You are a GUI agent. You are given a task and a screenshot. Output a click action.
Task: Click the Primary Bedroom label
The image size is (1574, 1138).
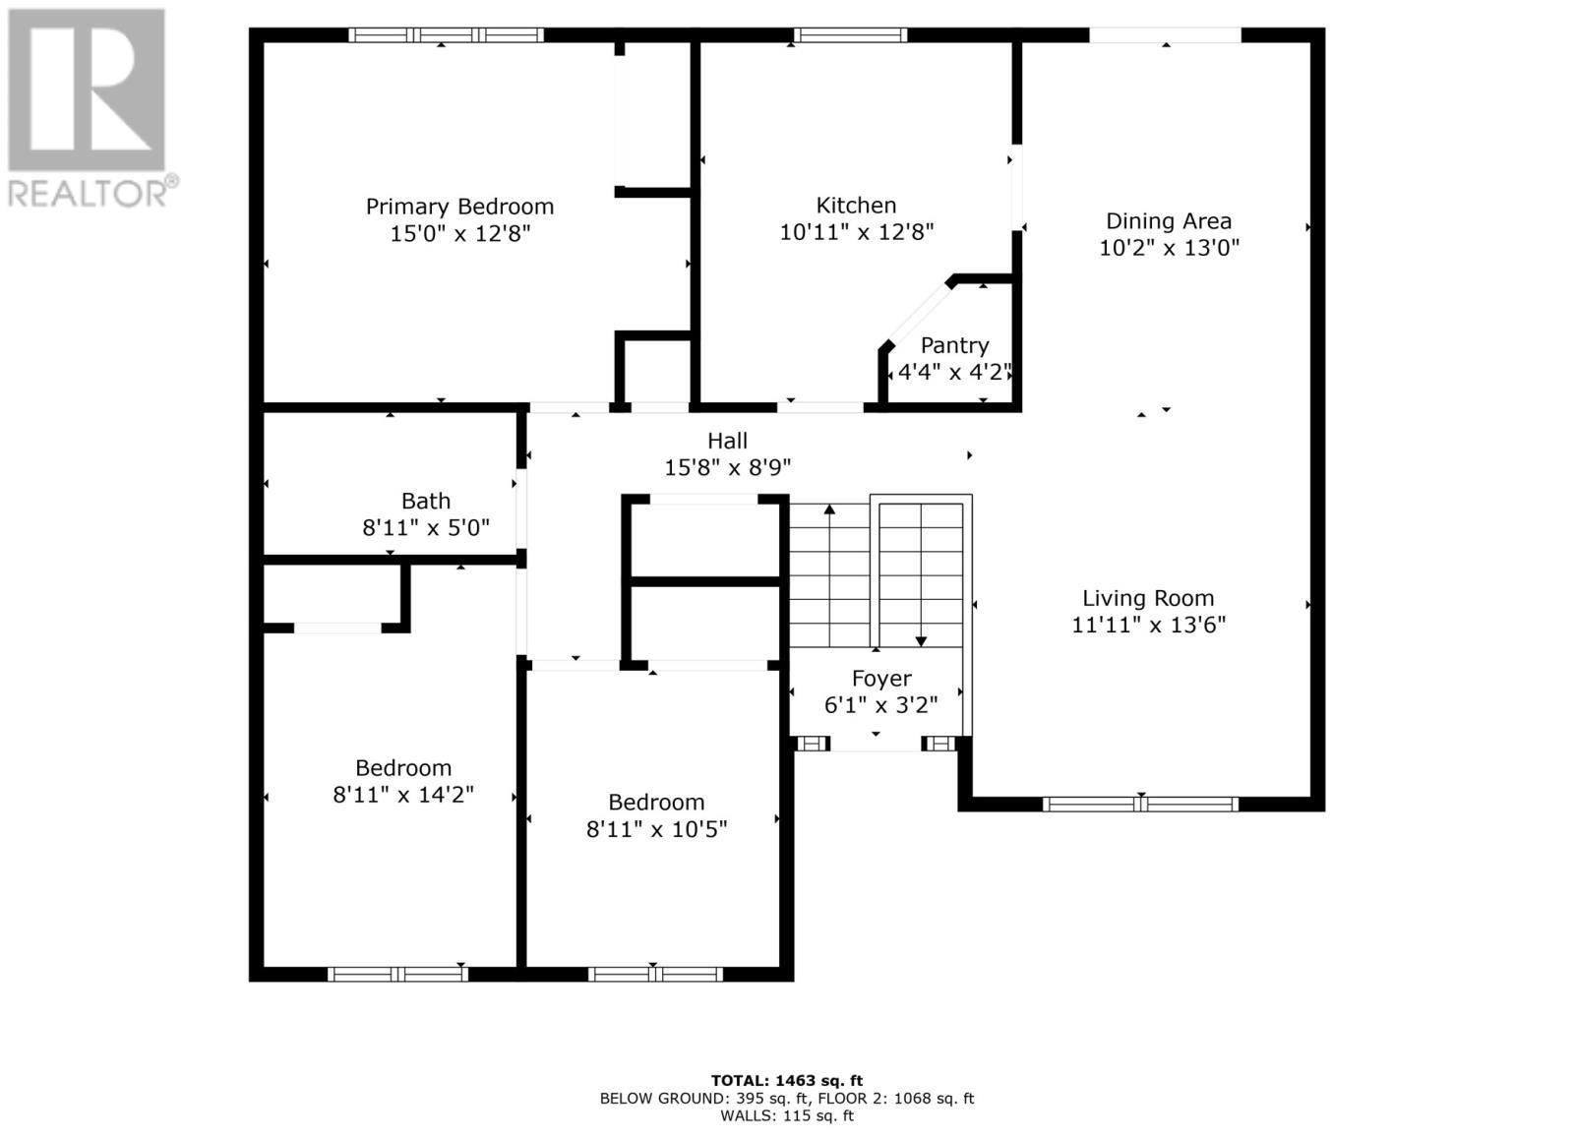[459, 207]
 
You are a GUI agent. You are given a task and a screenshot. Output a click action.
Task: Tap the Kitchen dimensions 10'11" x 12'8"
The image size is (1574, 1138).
[856, 232]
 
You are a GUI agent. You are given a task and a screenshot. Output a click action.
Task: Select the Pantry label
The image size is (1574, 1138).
[954, 345]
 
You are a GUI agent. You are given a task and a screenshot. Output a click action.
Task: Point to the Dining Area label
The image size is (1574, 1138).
[1168, 221]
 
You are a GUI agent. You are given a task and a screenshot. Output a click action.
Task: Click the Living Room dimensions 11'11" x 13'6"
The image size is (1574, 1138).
[1148, 625]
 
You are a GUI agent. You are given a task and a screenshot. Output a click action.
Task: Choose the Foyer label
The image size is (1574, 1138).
[880, 679]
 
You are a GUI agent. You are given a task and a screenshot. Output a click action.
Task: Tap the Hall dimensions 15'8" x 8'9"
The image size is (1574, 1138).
[727, 468]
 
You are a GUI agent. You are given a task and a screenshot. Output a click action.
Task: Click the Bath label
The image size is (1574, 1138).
[426, 502]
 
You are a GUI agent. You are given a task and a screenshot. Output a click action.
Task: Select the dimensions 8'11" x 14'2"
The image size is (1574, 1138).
[403, 795]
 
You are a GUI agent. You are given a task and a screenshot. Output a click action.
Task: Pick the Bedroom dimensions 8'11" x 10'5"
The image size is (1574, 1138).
[656, 829]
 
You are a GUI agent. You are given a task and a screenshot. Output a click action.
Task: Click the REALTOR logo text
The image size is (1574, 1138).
[93, 191]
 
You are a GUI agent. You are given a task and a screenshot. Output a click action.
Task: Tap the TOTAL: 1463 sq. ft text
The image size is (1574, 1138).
[786, 1080]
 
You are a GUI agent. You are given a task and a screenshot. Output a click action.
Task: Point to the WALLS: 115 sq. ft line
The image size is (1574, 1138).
[786, 1115]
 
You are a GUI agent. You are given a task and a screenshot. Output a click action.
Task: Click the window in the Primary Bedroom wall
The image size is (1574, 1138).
[446, 35]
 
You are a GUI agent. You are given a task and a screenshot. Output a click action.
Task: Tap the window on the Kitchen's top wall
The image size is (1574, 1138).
[850, 35]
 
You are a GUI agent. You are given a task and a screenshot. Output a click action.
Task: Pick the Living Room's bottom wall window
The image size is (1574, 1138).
[1139, 804]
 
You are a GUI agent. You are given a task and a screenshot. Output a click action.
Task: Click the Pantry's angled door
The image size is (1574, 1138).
[917, 314]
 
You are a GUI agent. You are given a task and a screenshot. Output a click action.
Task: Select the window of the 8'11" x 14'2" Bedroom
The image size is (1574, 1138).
[397, 974]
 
